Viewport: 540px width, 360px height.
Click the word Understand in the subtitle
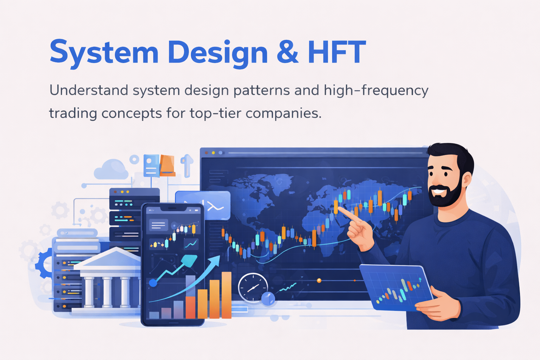(x=89, y=90)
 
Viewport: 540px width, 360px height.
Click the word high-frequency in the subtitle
(x=376, y=91)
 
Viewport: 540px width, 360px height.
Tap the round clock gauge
(x=252, y=287)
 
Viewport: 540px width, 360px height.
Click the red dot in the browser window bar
(x=207, y=153)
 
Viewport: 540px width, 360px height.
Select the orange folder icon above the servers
(x=167, y=165)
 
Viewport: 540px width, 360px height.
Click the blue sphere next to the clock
(x=268, y=299)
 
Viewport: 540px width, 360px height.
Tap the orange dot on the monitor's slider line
(x=319, y=280)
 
